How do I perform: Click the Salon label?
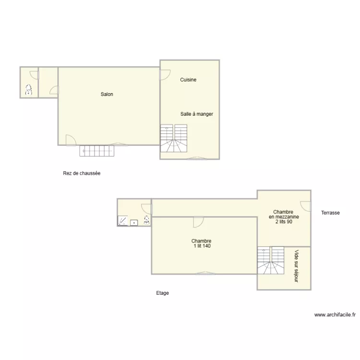pos(107,95)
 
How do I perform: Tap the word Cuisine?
pos(188,80)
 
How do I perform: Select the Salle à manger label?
pos(197,114)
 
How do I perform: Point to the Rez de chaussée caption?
pos(82,173)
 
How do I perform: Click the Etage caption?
pos(162,293)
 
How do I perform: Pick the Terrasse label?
pos(331,212)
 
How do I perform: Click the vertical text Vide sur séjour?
pos(296,265)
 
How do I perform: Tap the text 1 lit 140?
pos(201,246)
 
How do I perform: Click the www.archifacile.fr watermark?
pos(335,315)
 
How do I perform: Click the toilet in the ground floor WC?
pos(28,89)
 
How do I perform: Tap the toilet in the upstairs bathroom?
pos(146,220)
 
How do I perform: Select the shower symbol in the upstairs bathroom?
pos(123,221)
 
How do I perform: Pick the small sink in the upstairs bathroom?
pos(134,222)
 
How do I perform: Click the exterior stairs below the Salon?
pos(98,151)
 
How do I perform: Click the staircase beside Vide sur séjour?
pos(271,261)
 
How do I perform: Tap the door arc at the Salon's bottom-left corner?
pos(70,139)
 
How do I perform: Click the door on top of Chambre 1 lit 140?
pos(198,222)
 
